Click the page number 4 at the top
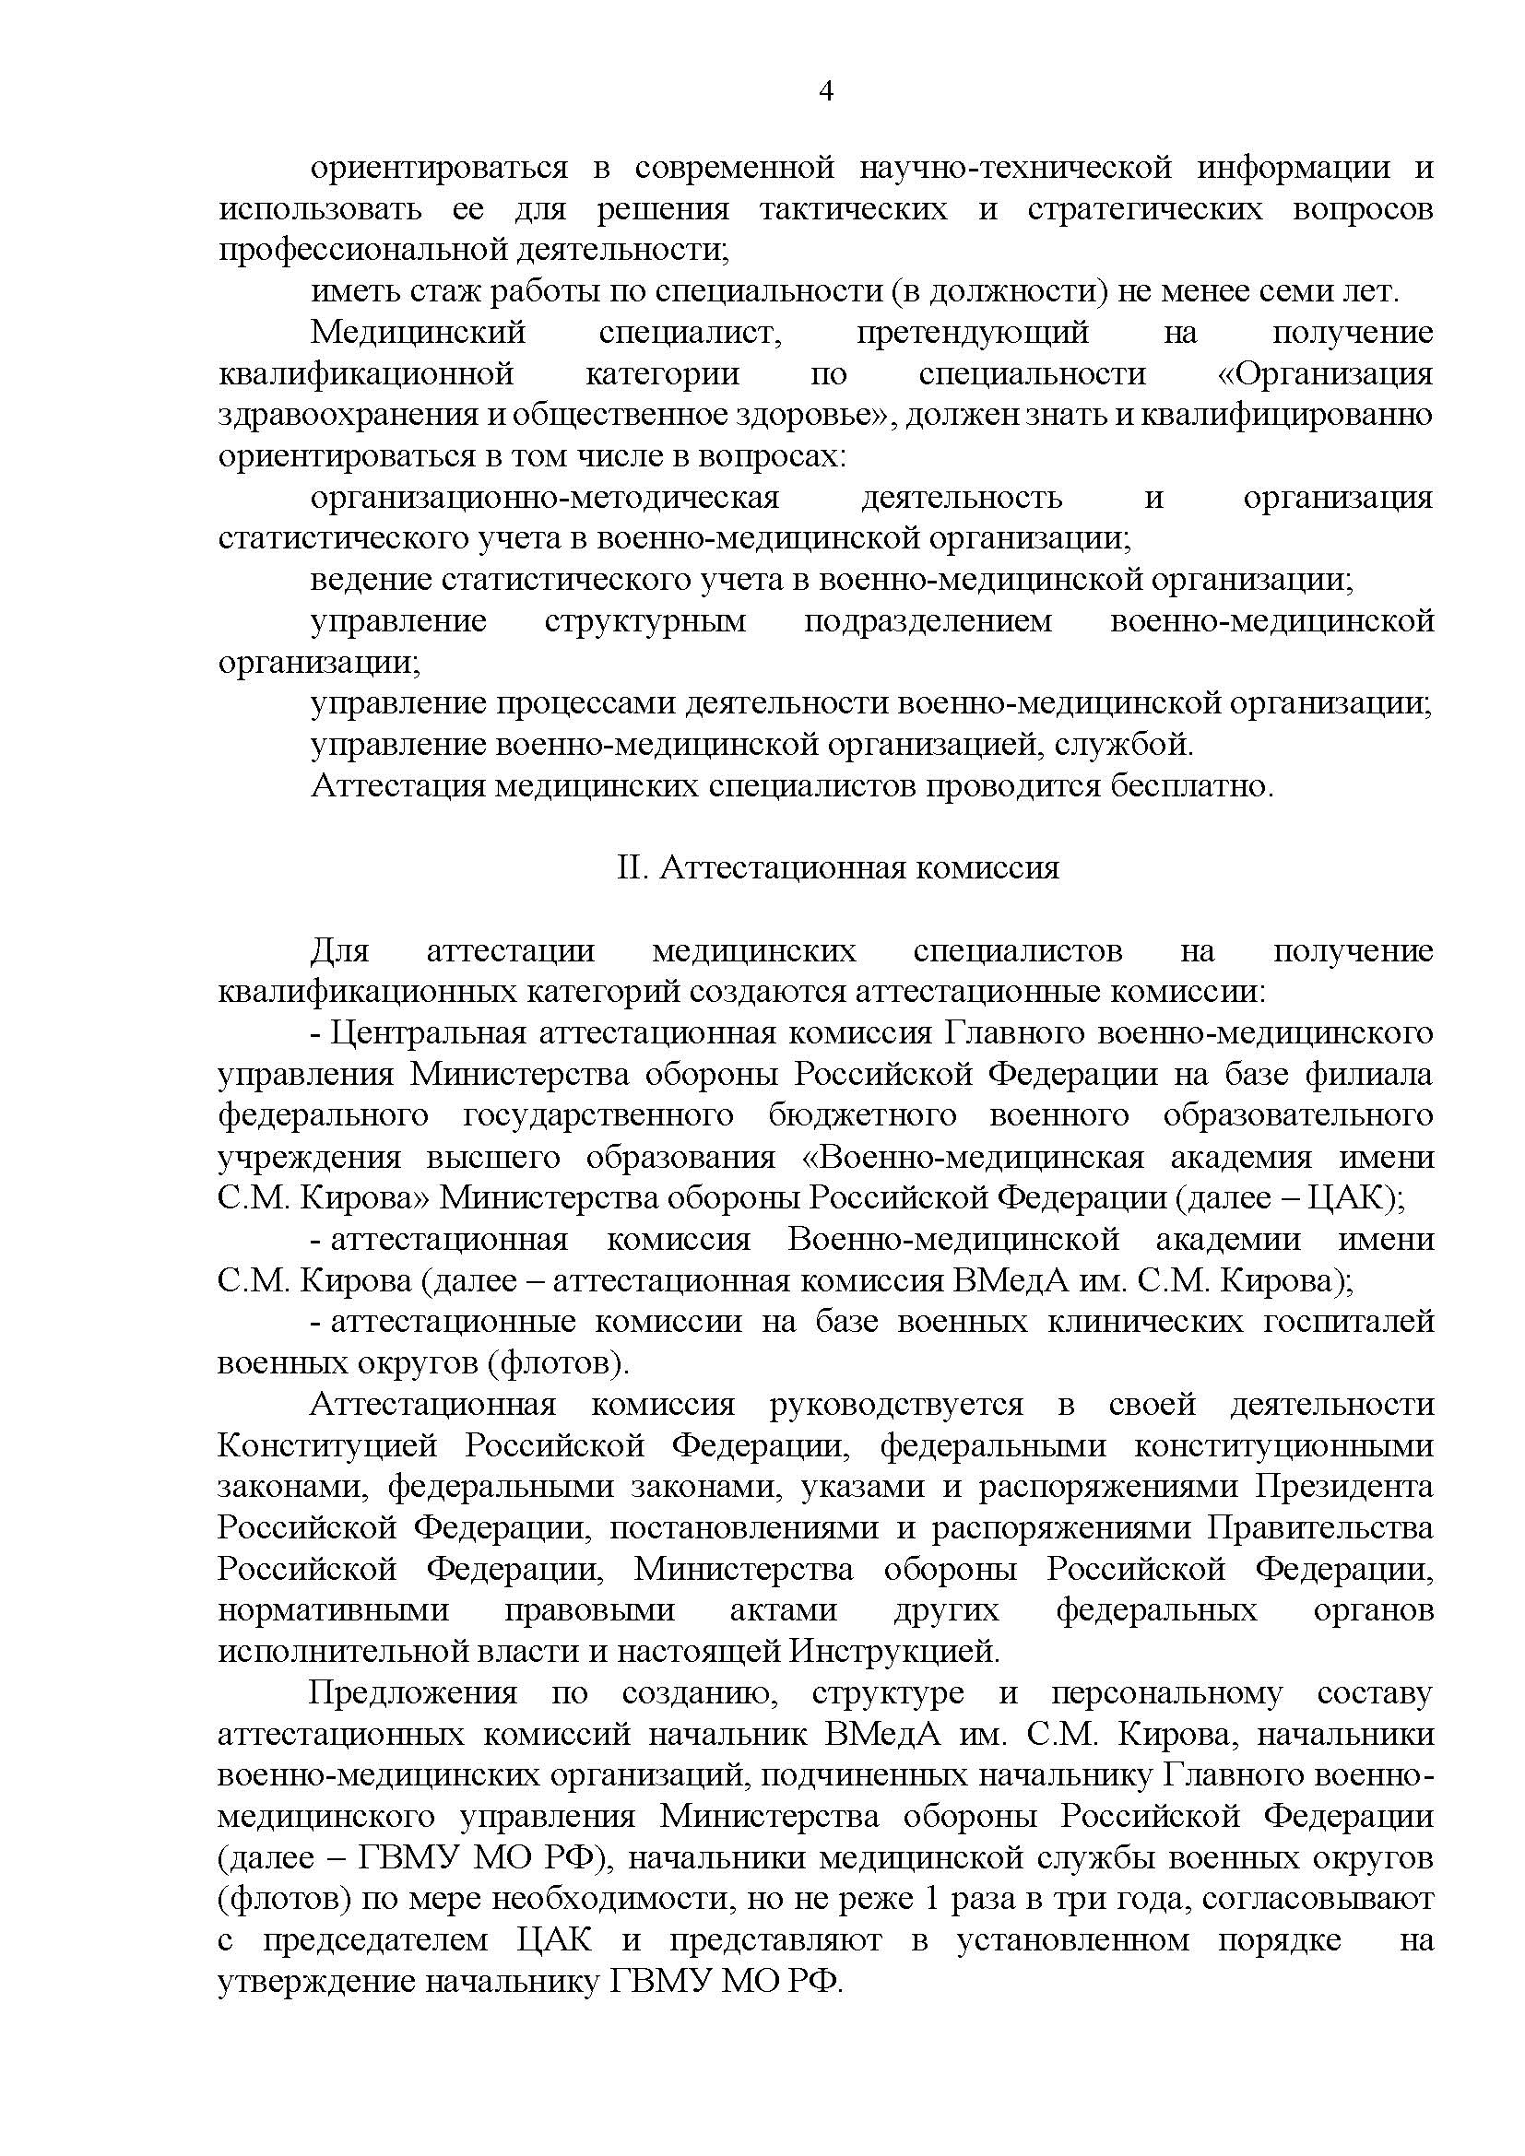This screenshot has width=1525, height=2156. [826, 91]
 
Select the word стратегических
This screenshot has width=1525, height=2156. [1145, 208]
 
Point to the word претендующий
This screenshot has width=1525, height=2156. [972, 333]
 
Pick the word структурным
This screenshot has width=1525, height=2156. [645, 621]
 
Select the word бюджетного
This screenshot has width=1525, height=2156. [862, 1115]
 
